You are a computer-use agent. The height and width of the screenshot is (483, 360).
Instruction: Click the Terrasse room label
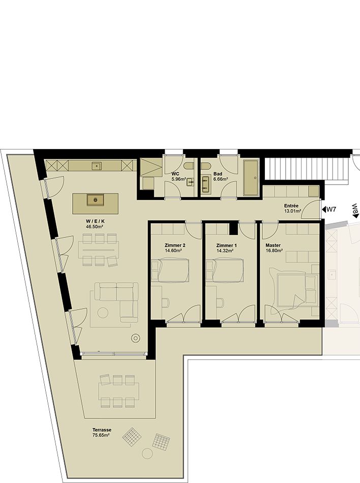[102, 430]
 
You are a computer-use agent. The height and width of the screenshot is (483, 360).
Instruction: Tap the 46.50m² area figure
[94, 226]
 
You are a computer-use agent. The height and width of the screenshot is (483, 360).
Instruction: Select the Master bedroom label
[273, 245]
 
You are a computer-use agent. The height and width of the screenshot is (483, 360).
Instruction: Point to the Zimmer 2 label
[175, 245]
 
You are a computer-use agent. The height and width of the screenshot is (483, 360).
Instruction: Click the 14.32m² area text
[225, 251]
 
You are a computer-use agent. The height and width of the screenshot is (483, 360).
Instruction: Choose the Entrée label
[291, 206]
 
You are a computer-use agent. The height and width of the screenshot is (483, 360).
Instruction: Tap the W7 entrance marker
[328, 210]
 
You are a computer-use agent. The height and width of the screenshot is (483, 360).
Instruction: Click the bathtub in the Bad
[252, 178]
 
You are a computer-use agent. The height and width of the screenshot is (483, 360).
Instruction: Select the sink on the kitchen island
[96, 200]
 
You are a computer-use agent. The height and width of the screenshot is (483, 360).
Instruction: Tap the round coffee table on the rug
[103, 313]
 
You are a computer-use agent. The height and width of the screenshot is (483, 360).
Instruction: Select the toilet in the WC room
[189, 166]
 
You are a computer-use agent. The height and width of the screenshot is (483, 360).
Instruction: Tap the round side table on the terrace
[147, 453]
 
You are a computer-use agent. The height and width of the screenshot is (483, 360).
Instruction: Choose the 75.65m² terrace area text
[101, 435]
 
